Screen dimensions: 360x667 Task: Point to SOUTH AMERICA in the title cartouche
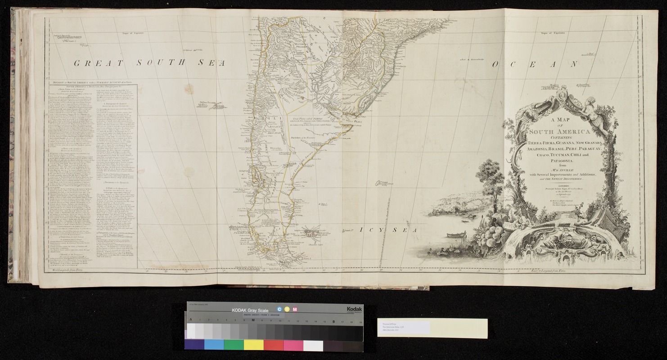click(x=555, y=132)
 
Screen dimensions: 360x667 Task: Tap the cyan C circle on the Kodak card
click(x=279, y=309)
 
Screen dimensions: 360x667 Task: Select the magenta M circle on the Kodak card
click(x=294, y=309)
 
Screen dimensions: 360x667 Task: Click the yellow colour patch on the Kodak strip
click(x=253, y=345)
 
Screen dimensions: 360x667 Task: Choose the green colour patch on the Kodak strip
click(x=234, y=345)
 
